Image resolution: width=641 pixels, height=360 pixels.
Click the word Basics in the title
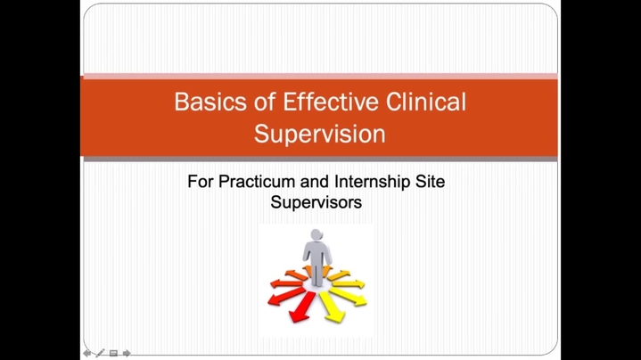[x=210, y=102]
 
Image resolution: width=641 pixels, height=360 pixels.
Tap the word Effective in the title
[x=331, y=102]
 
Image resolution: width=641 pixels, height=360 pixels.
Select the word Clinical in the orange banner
[x=426, y=102]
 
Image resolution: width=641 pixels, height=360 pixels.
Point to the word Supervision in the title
[x=320, y=134]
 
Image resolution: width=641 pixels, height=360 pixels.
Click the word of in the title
[x=265, y=102]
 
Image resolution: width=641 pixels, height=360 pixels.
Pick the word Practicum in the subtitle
[x=257, y=182]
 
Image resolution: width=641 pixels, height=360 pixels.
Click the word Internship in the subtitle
[x=373, y=182]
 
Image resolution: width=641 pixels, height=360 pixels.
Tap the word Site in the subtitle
[x=430, y=182]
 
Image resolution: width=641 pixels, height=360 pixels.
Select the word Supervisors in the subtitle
[x=316, y=202]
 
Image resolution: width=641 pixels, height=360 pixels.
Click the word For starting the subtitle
[x=201, y=182]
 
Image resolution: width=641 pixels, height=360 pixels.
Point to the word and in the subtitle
[x=315, y=182]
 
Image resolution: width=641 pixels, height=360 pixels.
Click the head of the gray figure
[x=316, y=235]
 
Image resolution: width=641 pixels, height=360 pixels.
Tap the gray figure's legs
[x=317, y=274]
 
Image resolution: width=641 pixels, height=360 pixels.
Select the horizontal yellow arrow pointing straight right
[x=349, y=283]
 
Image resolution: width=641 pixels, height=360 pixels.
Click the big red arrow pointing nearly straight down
[x=301, y=307]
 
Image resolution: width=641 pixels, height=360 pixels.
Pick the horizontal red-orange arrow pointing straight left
[x=286, y=282]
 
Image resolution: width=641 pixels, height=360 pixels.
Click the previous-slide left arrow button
[x=87, y=353]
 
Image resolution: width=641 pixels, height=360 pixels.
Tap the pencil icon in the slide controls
[x=100, y=353]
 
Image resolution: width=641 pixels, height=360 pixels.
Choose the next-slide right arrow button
[x=127, y=353]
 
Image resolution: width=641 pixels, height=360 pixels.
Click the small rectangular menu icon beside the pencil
[x=113, y=353]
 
